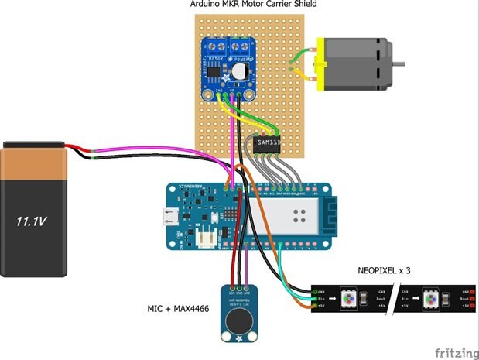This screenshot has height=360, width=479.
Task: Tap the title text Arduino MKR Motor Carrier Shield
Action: tap(252, 5)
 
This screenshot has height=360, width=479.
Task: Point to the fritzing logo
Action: tap(455, 352)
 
